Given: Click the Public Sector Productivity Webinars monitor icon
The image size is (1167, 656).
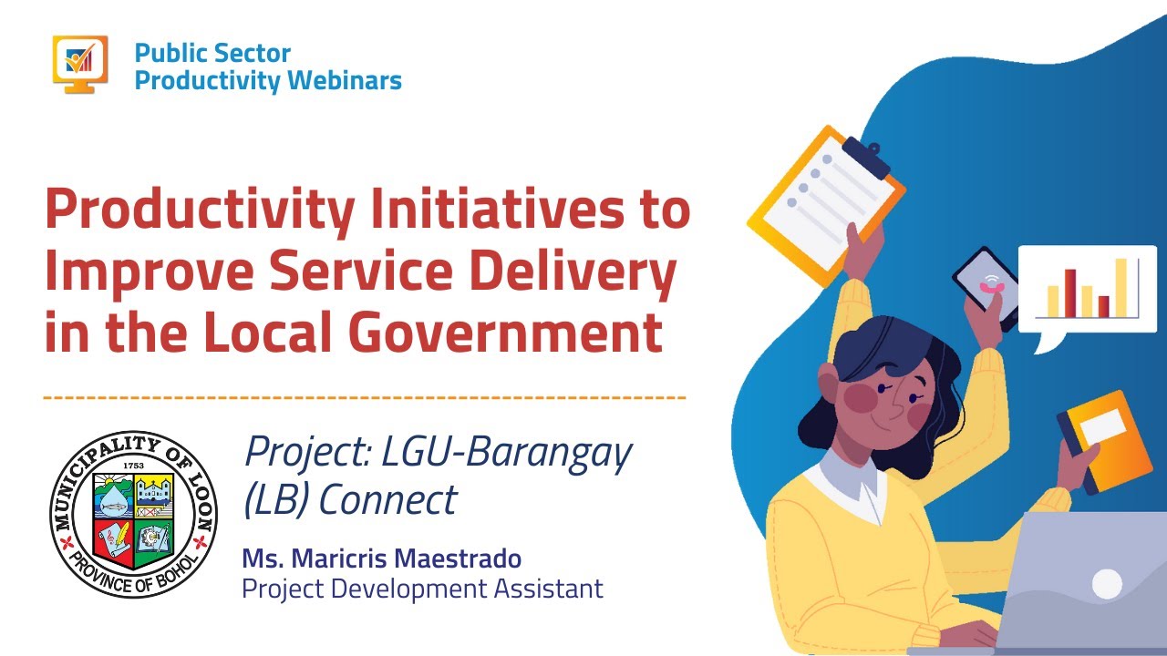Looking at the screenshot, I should tap(80, 64).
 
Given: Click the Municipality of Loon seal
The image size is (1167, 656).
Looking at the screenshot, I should tap(133, 515).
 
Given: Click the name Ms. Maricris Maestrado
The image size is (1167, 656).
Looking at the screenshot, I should tap(381, 558).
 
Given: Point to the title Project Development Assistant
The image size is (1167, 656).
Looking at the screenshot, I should tap(422, 589).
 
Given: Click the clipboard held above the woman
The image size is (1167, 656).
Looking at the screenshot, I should tap(825, 200).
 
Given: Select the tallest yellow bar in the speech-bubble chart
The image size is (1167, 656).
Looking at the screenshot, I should tap(1121, 287).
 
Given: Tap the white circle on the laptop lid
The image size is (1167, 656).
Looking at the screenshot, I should tap(1106, 584).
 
